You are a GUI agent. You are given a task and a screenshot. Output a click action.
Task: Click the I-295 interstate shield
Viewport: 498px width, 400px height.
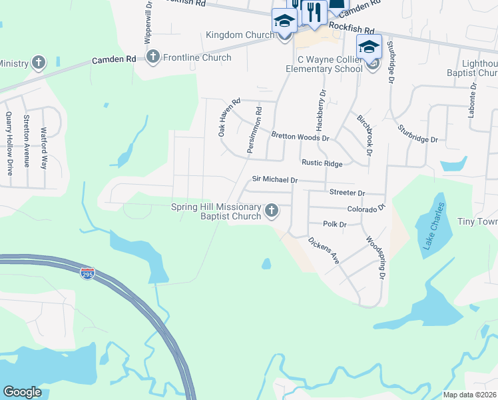click(x=87, y=273)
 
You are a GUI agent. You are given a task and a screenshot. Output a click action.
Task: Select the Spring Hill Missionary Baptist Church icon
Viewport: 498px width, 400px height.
click(x=271, y=211)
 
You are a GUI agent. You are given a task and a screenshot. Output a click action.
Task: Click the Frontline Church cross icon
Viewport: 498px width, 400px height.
click(x=153, y=57)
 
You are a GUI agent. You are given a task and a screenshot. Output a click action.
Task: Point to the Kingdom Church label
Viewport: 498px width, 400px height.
click(x=236, y=35)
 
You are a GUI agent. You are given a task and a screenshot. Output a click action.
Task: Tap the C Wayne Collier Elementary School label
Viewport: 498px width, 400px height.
click(x=324, y=63)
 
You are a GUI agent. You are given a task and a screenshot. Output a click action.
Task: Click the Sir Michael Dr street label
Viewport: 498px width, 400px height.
click(x=274, y=179)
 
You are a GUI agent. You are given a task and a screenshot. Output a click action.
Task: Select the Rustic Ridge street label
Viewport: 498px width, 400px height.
click(x=322, y=163)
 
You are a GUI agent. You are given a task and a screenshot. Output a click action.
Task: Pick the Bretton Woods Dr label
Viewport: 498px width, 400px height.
click(x=300, y=137)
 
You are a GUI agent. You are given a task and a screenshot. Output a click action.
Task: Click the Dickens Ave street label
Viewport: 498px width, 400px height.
click(x=324, y=249)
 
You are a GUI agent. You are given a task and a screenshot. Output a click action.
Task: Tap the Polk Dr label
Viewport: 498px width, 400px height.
click(x=335, y=225)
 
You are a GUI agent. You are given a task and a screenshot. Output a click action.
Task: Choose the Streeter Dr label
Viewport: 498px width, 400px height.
click(x=348, y=193)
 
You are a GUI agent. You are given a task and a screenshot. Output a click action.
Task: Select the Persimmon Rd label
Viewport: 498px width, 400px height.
click(x=254, y=130)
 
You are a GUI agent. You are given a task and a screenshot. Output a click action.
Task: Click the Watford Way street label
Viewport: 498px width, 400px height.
click(x=44, y=147)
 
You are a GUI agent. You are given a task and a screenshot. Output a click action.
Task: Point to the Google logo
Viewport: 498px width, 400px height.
click(x=22, y=392)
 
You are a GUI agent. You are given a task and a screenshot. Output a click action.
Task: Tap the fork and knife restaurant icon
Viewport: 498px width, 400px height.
click(x=314, y=12)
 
